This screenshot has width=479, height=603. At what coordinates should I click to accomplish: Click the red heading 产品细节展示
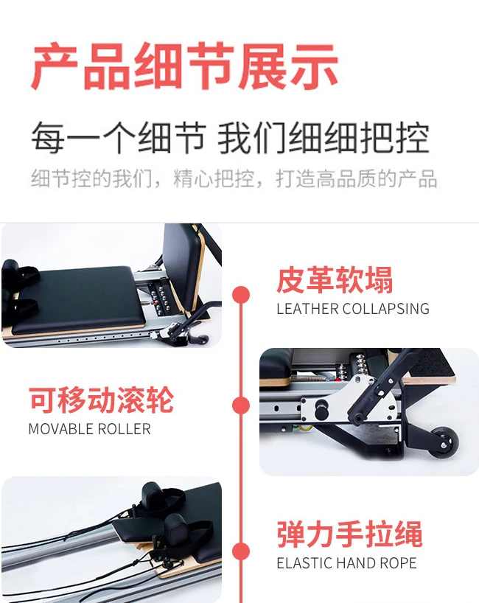[x=184, y=67]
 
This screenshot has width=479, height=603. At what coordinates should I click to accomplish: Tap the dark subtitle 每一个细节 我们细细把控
[x=230, y=138]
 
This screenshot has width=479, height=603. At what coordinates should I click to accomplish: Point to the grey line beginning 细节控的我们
[x=234, y=179]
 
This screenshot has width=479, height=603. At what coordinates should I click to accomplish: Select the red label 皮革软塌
[x=335, y=280]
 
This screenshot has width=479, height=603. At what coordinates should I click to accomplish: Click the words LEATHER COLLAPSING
[x=353, y=309]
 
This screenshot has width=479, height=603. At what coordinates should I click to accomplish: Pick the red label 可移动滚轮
[x=102, y=400]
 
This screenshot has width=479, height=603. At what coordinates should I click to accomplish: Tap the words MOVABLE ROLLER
[x=90, y=429]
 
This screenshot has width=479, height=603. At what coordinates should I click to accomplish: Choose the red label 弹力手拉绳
[x=349, y=534]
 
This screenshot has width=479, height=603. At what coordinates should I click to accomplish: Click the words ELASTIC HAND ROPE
[x=347, y=563]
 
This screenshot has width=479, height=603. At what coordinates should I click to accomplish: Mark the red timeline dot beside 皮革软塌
[x=241, y=295]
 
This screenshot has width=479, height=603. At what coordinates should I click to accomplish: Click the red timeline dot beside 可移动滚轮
[x=241, y=405]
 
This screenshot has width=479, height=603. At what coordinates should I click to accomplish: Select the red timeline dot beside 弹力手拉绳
[x=241, y=551]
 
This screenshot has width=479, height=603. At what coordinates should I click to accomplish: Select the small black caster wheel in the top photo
[x=203, y=339]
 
